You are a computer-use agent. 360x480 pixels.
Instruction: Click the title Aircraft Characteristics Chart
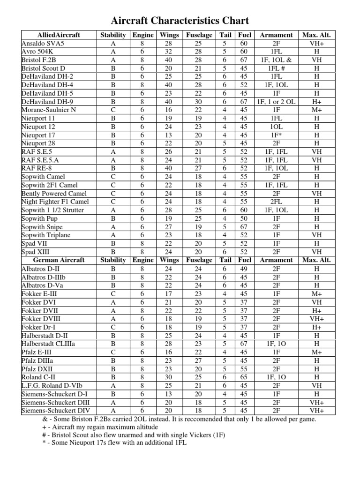click(x=180, y=21)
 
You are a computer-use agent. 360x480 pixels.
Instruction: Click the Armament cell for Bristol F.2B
click(x=276, y=60)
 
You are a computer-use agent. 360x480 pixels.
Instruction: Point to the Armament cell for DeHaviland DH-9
click(x=276, y=101)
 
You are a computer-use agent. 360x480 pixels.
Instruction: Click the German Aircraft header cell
click(x=59, y=260)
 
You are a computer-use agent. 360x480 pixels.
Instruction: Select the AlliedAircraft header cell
click(x=59, y=35)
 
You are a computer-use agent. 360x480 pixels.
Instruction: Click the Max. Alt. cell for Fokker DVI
click(x=317, y=302)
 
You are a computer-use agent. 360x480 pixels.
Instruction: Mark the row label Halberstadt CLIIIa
click(x=49, y=344)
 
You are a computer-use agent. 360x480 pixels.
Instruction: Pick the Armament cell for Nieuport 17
click(x=276, y=135)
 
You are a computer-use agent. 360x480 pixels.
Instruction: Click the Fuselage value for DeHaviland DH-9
click(x=199, y=101)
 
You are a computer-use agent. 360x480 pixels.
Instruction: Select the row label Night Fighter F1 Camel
click(x=55, y=202)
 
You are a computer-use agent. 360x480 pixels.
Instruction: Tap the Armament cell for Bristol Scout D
click(x=276, y=68)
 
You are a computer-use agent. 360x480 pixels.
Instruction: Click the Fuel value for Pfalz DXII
click(x=244, y=369)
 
